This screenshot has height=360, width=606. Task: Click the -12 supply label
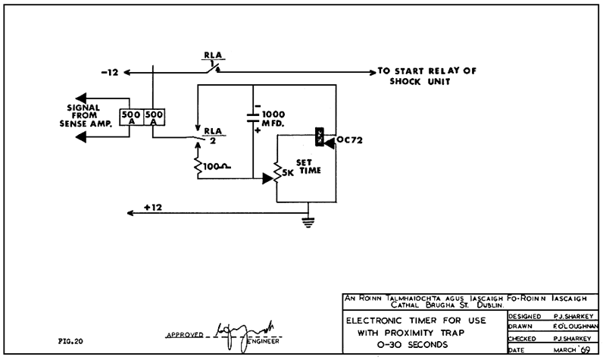point(110,73)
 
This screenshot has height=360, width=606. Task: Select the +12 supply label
point(152,207)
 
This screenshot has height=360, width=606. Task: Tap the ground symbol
point(307,221)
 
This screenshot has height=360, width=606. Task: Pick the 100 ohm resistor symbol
point(199,166)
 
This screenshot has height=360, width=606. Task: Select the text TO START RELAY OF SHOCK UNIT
point(427,77)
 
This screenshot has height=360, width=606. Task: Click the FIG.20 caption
point(70,341)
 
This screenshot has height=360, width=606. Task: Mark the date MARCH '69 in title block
point(572,349)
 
